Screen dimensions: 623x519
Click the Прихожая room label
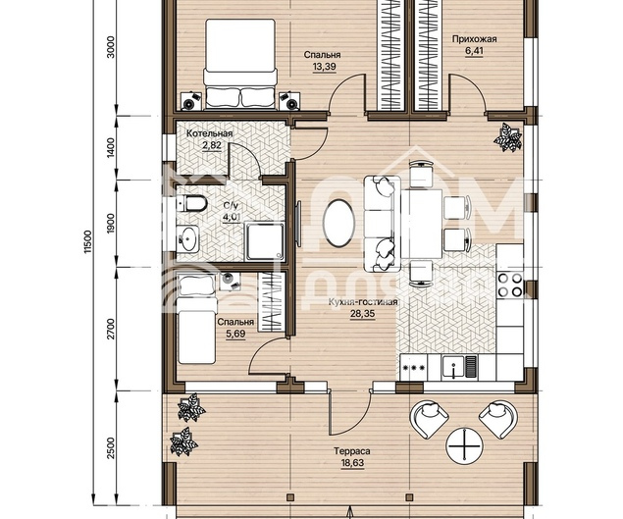pos(475,39)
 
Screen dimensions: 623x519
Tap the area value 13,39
pos(324,67)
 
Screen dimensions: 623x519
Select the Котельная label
pos(210,133)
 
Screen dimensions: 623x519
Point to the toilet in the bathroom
pos(192,203)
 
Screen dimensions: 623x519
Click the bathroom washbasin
pos(187,238)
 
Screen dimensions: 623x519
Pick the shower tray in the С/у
pos(265,241)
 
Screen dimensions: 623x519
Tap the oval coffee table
pos(338,223)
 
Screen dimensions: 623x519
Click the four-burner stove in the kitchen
pos(510,285)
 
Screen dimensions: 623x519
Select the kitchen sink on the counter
pos(453,366)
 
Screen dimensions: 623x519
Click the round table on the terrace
pos(464,445)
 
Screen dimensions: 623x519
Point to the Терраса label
pos(352,451)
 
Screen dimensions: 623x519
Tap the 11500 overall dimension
pos(88,241)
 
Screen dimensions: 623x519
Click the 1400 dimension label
pos(111,147)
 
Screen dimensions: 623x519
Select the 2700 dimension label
pos(111,329)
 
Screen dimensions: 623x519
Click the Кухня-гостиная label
pos(363,302)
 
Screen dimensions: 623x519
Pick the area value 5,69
pos(235,334)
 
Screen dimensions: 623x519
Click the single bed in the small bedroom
pos(196,319)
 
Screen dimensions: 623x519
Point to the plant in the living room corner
pos(508,137)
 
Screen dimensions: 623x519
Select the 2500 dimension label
pos(111,447)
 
